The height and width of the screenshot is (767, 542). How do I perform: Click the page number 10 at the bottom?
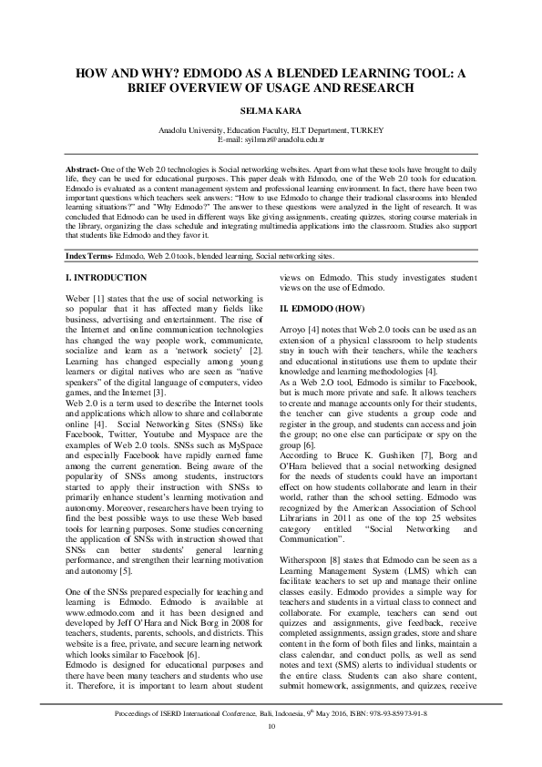pyautogui.click(x=271, y=751)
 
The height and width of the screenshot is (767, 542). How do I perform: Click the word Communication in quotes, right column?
pyautogui.click(x=320, y=537)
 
